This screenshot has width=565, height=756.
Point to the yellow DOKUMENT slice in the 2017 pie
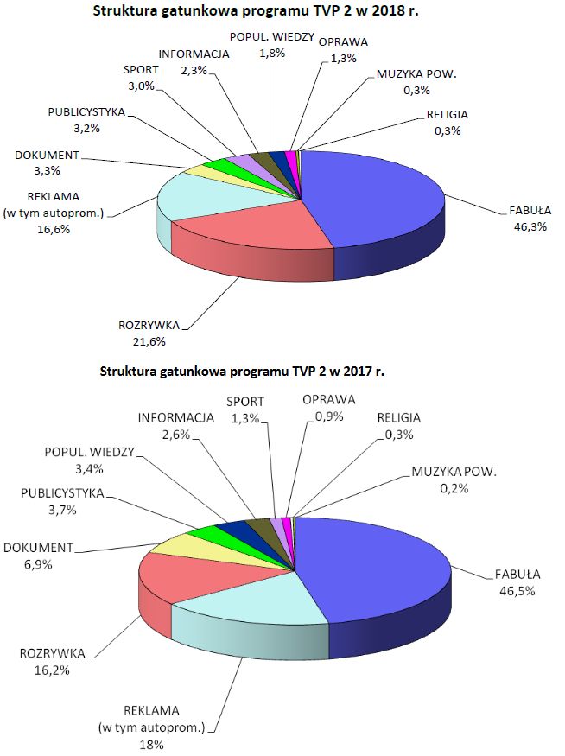(x=177, y=542)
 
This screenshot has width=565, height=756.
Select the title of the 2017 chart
(x=242, y=372)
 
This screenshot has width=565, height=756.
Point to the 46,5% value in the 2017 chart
(x=517, y=591)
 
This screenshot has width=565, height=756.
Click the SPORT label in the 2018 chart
(x=140, y=70)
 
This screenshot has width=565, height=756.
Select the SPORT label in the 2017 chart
(x=245, y=401)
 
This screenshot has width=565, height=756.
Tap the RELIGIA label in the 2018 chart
(x=448, y=115)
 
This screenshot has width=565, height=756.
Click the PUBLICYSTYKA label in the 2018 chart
(x=87, y=113)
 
